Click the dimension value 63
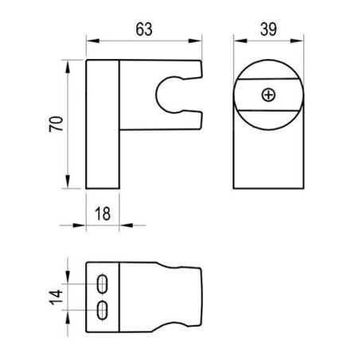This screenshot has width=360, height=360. click(x=144, y=29)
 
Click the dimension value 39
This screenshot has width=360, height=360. click(x=268, y=29)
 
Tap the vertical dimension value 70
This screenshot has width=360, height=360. click(x=57, y=124)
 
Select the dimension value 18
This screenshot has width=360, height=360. click(x=103, y=213)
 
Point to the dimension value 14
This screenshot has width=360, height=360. click(x=57, y=297)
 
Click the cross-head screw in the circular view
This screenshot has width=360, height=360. click(x=268, y=95)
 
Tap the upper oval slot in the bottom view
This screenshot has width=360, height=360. click(x=102, y=284)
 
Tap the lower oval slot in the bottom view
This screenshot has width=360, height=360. click(x=102, y=310)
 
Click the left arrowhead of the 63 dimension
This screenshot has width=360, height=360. click(x=92, y=41)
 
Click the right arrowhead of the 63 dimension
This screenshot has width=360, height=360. click(x=195, y=41)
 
